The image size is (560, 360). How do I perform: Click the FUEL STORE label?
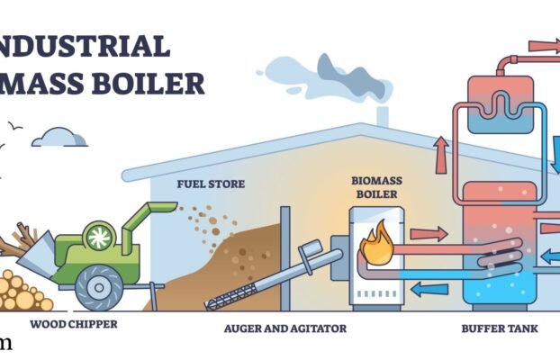pos(210,184)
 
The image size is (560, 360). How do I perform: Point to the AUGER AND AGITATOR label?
pos(285,328)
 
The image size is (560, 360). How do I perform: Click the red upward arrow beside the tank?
pos(441,155)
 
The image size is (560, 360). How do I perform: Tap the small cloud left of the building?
pos(65,137)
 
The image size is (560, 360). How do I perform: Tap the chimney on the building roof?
pos(382,116)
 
